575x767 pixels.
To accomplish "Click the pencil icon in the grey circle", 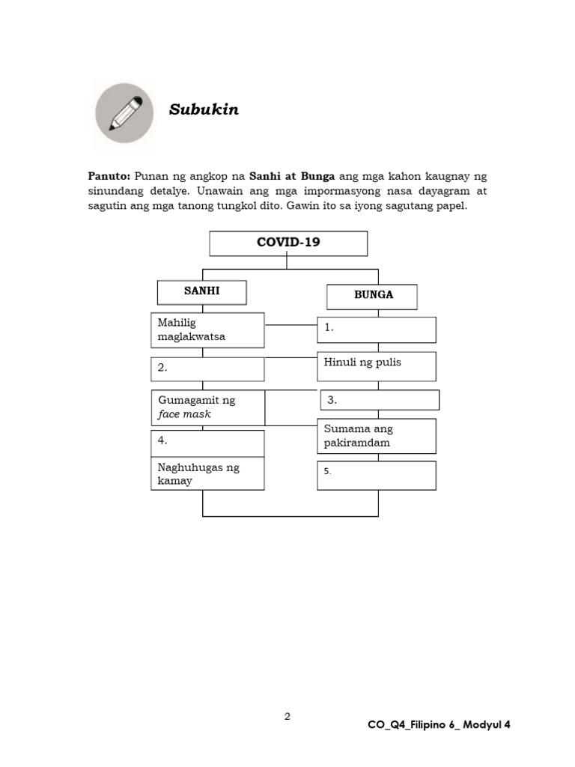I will point(125,114).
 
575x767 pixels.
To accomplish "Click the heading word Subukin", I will point(204,110).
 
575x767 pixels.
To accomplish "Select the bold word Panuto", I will point(109,177).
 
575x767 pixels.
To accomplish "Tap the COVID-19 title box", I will point(288,243).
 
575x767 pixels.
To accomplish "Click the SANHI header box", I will point(201,292).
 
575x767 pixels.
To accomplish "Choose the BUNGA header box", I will point(372,296).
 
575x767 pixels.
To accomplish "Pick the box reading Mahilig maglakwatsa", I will point(207,330).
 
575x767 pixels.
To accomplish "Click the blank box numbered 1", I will point(377,329).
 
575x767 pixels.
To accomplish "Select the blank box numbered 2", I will point(207,369).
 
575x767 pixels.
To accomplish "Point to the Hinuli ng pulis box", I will point(377,366).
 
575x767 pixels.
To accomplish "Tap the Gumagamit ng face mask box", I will point(207,407).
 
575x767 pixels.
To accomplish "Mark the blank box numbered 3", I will point(380,400).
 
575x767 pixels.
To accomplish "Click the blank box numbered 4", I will point(207,442).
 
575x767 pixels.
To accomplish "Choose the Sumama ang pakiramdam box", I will point(377,436).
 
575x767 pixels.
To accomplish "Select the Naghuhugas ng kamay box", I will point(207,474).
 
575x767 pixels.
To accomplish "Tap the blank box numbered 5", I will point(377,475).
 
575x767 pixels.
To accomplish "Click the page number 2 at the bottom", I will point(287,717).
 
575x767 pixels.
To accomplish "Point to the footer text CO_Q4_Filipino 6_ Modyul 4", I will point(440,724).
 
